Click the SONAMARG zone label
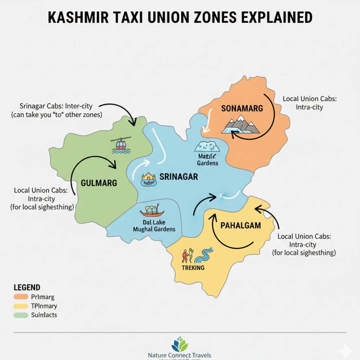(242, 109)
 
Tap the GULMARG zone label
(99, 183)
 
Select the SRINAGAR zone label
(179, 176)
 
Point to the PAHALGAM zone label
(241, 225)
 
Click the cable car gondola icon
(121, 144)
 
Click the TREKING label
(193, 268)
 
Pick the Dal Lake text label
(154, 222)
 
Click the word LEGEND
(27, 288)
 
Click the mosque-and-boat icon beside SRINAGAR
(148, 179)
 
